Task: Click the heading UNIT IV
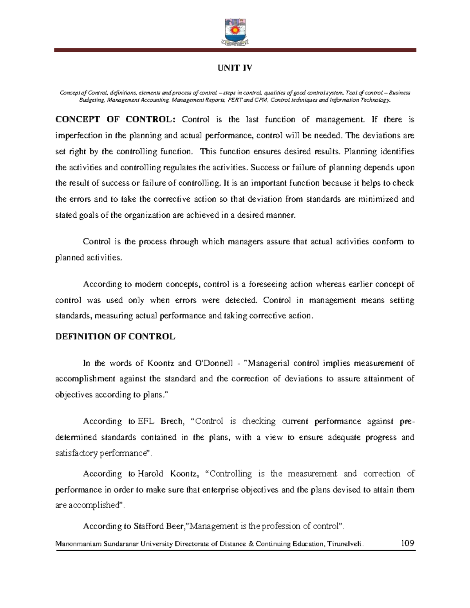point(235,68)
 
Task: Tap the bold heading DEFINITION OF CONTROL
point(115,337)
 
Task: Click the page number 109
point(407,543)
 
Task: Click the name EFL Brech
point(160,421)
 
